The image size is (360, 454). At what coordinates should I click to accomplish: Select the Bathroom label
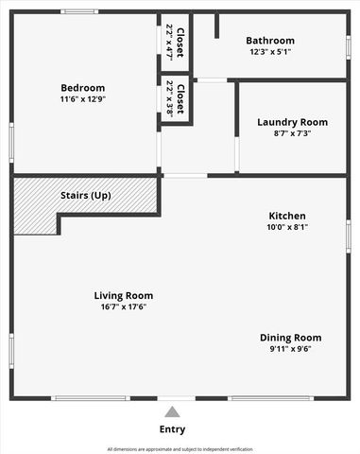(x=270, y=41)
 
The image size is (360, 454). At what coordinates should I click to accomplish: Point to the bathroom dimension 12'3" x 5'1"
(x=270, y=52)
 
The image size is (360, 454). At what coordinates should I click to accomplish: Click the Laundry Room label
(x=292, y=122)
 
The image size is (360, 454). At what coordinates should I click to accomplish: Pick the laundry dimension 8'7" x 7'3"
(x=292, y=133)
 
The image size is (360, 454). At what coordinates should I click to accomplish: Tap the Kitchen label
(x=286, y=216)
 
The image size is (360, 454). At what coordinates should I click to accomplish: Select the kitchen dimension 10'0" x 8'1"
(x=286, y=227)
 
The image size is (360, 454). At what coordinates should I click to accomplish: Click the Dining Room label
(x=291, y=338)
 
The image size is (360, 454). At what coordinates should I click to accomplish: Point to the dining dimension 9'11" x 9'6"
(x=291, y=348)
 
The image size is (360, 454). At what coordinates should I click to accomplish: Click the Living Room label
(x=124, y=295)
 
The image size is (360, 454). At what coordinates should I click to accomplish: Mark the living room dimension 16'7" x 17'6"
(x=124, y=306)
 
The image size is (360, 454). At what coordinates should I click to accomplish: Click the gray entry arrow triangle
(x=172, y=411)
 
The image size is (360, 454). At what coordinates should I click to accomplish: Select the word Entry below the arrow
(x=172, y=429)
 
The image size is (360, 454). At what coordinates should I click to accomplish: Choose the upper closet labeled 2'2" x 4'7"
(x=175, y=44)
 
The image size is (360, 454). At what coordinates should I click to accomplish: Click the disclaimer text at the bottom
(x=180, y=448)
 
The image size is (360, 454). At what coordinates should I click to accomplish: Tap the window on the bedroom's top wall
(x=79, y=11)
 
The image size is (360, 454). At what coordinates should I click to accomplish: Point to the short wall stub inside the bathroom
(x=216, y=26)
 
